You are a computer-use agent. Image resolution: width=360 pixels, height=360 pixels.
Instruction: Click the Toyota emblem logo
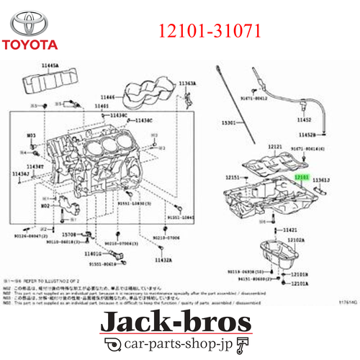(30, 22)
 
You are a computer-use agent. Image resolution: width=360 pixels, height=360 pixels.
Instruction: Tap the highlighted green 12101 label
(301, 176)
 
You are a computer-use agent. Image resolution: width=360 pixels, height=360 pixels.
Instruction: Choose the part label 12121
(275, 146)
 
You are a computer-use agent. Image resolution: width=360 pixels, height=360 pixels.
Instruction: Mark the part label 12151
(232, 176)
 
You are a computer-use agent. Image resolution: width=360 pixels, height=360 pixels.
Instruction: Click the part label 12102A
(296, 240)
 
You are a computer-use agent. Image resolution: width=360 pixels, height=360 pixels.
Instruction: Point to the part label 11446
(107, 96)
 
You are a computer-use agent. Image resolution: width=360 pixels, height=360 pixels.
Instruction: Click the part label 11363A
(186, 84)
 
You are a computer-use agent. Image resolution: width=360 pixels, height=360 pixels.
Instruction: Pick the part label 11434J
(21, 174)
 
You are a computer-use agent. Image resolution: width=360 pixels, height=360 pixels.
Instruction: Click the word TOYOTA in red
(30, 45)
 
